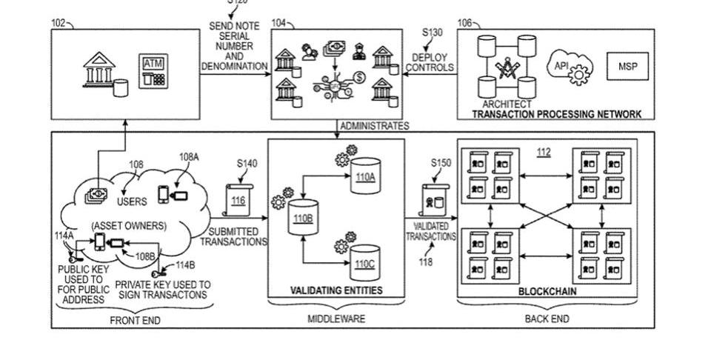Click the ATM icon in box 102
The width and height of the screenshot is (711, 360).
click(153, 71)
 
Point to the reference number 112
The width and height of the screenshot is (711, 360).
click(544, 153)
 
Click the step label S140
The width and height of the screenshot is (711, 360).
click(247, 164)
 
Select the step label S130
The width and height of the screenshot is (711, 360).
click(433, 33)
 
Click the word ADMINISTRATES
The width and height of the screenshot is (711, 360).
click(374, 126)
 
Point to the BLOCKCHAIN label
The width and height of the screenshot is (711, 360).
click(547, 291)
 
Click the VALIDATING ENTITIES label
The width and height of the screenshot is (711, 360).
click(336, 290)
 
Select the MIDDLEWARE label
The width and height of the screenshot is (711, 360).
click(336, 319)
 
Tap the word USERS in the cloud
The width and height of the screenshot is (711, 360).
click(132, 201)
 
